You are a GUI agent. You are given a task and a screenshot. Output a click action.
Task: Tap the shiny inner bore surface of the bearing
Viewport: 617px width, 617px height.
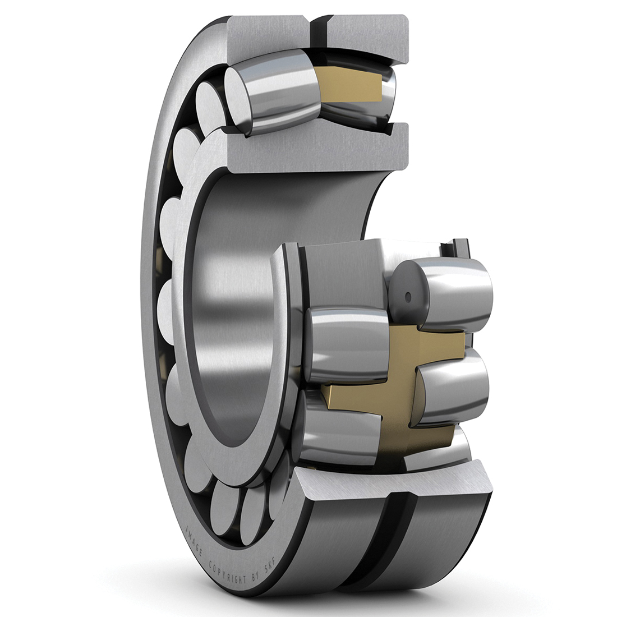(236, 314)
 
